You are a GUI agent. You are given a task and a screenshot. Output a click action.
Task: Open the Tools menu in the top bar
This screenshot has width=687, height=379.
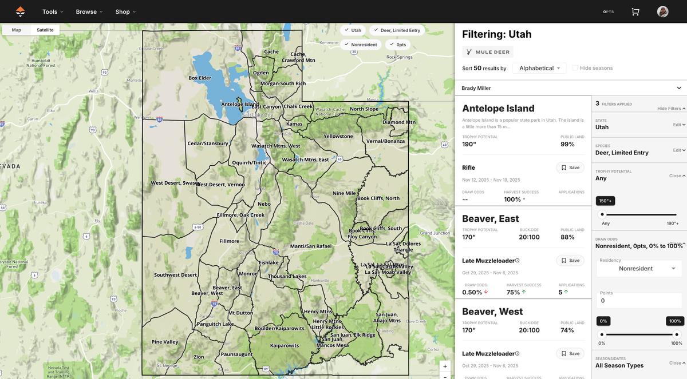click(x=53, y=11)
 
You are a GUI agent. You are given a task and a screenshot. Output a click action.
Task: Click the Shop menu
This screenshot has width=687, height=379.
click(x=125, y=11)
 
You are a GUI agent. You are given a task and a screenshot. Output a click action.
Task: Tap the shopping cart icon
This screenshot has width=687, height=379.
click(x=635, y=11)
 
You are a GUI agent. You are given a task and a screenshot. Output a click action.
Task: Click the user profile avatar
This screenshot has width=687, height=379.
click(x=662, y=11)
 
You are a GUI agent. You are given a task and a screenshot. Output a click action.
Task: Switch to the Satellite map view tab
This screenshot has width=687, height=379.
click(x=45, y=30)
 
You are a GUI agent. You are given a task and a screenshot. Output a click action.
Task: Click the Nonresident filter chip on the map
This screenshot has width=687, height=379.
click(x=361, y=45)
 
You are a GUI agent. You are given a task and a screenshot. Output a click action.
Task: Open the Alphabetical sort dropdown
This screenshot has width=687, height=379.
click(x=539, y=68)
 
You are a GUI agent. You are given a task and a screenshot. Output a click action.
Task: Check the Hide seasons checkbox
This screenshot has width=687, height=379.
click(x=575, y=68)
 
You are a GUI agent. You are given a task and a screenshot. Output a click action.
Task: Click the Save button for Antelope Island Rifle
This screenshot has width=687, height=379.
click(x=570, y=167)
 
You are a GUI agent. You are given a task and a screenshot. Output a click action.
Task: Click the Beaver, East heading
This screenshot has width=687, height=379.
click(x=490, y=218)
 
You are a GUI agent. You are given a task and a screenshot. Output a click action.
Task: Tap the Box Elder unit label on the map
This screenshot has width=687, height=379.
click(x=200, y=78)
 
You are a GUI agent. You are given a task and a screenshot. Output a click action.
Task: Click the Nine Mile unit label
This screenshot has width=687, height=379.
click(x=344, y=193)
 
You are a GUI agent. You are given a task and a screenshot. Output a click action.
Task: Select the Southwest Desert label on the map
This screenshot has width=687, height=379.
click(x=175, y=275)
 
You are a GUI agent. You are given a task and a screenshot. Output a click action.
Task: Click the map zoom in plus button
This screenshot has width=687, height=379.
click(x=445, y=366)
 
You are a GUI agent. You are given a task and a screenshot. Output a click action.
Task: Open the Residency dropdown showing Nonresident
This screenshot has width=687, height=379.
click(x=639, y=269)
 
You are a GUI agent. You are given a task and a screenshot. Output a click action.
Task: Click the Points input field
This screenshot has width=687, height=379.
click(x=639, y=301)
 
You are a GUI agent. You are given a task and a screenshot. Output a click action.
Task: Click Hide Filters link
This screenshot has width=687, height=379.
click(x=671, y=109)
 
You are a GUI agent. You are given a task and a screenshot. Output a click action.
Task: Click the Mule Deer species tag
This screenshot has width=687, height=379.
click(x=488, y=52)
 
